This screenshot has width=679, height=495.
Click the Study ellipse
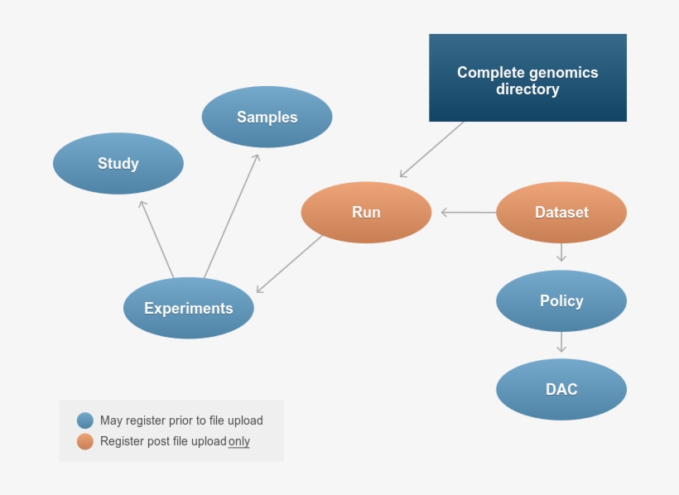118,164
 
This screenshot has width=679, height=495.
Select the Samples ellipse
267,117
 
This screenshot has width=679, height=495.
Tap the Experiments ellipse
189,308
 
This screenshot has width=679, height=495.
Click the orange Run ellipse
366,212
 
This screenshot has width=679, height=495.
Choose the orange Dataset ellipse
561,212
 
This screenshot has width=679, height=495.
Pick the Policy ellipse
561,300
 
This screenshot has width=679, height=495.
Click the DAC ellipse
561,389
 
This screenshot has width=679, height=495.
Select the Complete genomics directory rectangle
527,78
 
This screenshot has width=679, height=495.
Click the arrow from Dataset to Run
469,213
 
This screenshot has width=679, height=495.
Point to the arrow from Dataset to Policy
561,252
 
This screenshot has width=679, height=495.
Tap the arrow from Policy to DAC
561,341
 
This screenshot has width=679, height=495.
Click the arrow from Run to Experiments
290,263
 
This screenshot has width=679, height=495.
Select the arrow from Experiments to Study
157,238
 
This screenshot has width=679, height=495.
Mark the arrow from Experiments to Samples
232,215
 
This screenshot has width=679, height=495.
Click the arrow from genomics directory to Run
431,150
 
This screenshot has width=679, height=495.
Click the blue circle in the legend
85,421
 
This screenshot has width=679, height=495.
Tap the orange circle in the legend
85,441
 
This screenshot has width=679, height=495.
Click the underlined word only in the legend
239,441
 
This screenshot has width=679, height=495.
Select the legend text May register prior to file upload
181,421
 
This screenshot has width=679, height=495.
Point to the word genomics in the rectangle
562,72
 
